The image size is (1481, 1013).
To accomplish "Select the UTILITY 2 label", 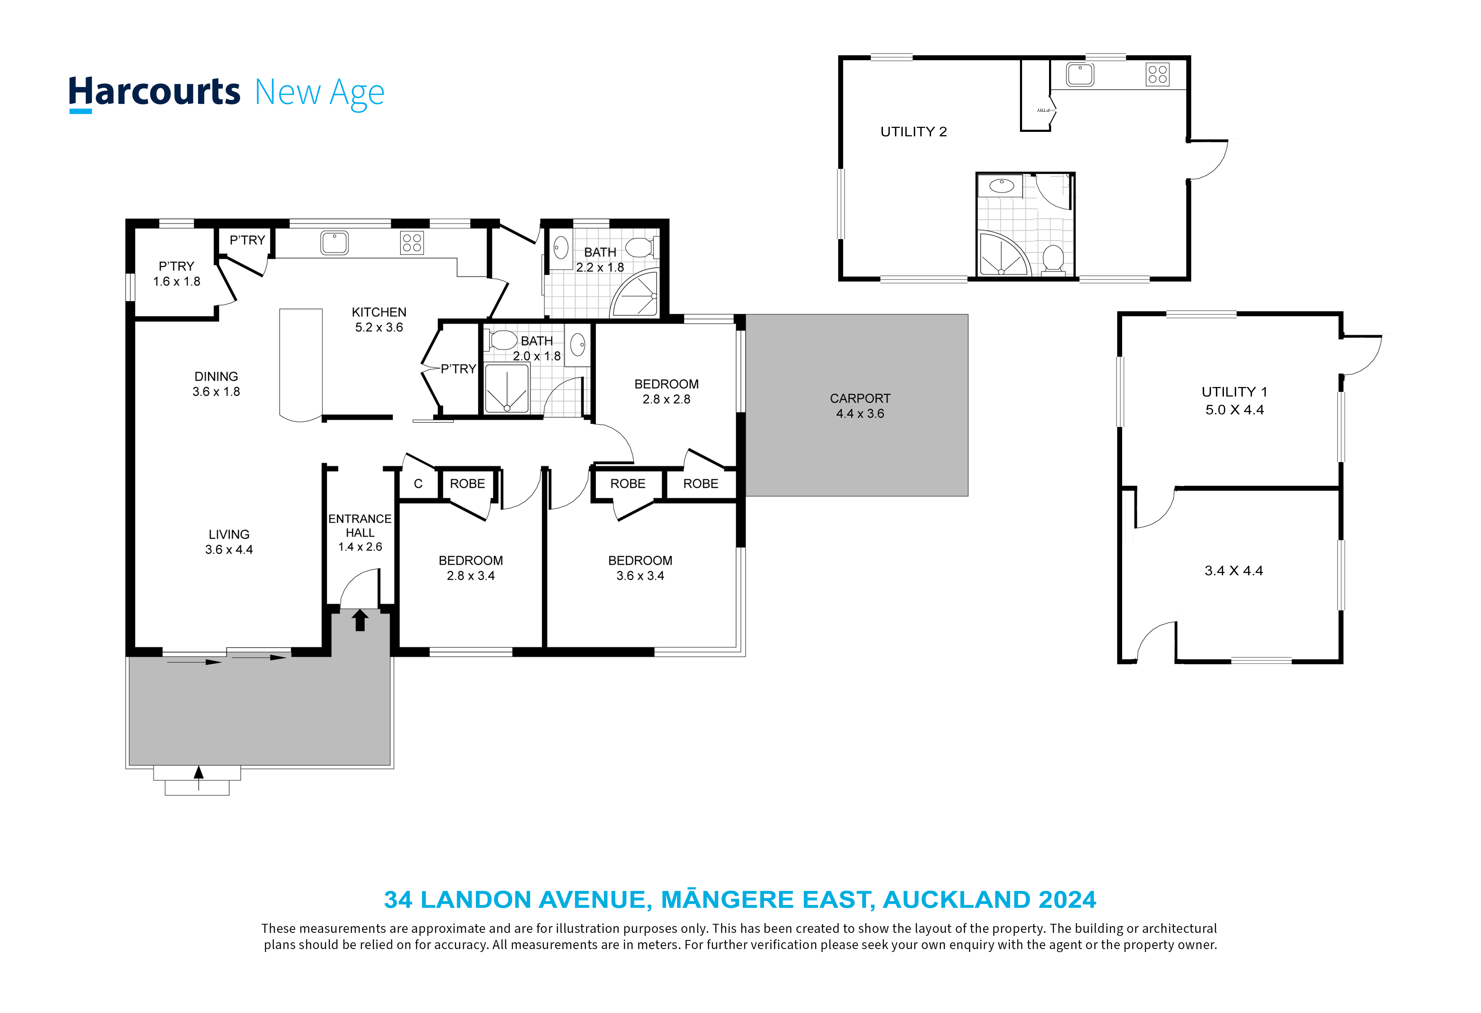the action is pos(913,132).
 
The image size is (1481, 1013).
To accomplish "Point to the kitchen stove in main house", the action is pos(412,243).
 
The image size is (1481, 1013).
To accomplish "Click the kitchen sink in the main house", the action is pos(335,243).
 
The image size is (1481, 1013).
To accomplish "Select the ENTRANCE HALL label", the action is pos(360,526).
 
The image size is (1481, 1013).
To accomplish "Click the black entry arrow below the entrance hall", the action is pos(360,620).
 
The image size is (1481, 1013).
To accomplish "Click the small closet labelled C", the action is pos(418,484).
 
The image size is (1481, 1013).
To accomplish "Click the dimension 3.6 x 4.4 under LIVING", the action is pos(229,550).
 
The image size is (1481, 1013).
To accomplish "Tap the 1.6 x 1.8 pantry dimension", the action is pos(177,282).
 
